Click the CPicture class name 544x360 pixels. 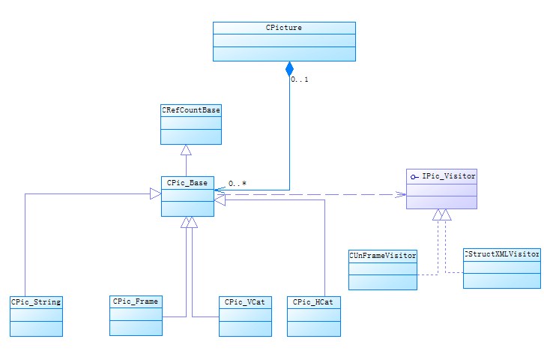(283, 28)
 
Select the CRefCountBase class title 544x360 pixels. (191, 109)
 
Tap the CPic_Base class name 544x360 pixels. (187, 182)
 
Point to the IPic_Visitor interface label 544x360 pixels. (448, 175)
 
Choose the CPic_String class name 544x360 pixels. (36, 301)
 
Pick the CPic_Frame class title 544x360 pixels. (136, 301)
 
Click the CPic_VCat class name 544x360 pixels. (245, 301)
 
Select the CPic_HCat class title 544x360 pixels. (313, 301)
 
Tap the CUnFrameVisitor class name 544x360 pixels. (382, 256)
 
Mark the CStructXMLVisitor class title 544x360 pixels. (502, 254)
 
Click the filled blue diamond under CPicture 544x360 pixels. (289, 70)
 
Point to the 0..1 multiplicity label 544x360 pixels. (300, 79)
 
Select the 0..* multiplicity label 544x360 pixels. (238, 183)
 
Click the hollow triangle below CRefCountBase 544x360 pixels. (186, 149)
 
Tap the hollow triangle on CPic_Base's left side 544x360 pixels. (155, 193)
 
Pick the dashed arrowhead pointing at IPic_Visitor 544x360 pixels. (400, 194)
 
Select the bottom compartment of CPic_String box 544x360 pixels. (36, 327)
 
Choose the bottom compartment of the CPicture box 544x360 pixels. (283, 53)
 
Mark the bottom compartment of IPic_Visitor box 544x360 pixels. (441, 202)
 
